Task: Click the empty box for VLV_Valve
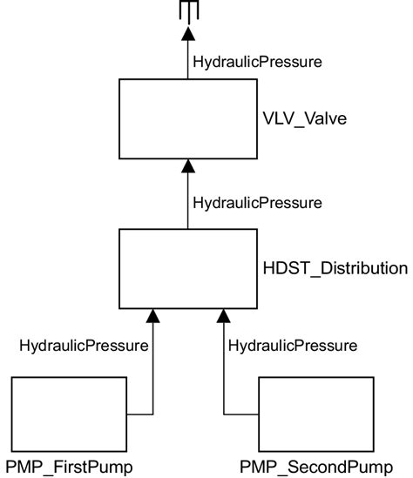click(187, 119)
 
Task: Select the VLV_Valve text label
click(305, 118)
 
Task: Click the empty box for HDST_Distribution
click(187, 268)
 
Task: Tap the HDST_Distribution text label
click(335, 268)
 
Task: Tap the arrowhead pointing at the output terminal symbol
click(187, 36)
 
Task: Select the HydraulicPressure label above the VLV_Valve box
click(257, 62)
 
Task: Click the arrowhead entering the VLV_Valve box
click(187, 166)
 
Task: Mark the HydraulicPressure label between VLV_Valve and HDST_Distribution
click(257, 202)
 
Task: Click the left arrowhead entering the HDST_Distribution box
click(152, 314)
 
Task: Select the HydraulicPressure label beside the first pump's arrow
click(84, 346)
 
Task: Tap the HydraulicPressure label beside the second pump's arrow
click(293, 346)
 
